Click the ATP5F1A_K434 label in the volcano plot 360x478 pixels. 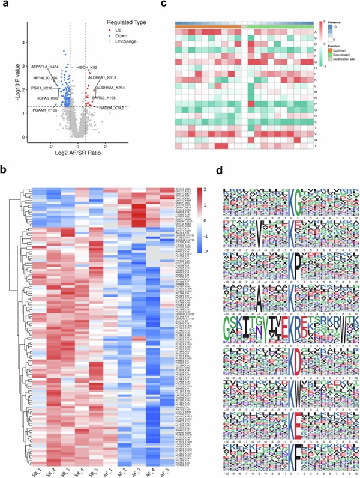[x=45, y=66]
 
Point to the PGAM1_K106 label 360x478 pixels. [x=45, y=110]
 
